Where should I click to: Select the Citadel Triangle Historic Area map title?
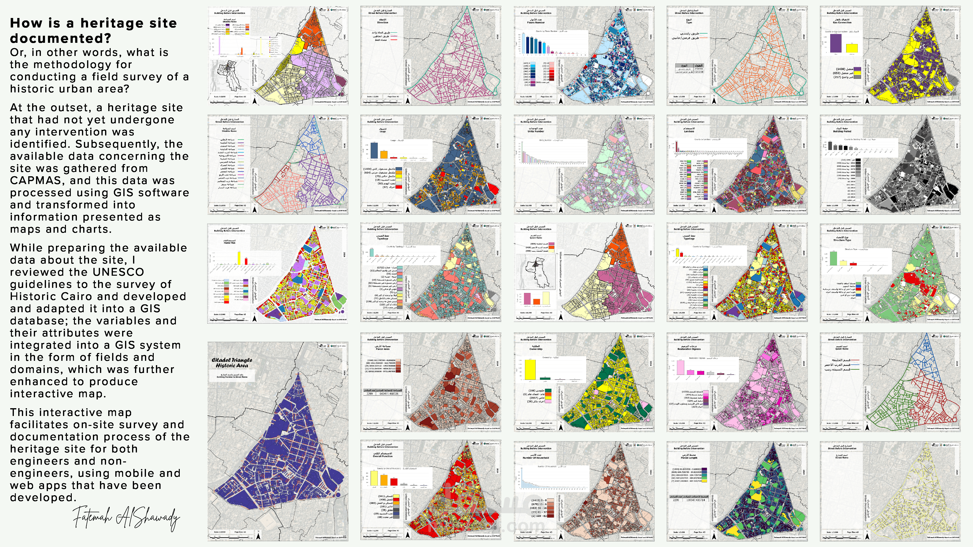point(232,363)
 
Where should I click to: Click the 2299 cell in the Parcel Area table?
point(369,394)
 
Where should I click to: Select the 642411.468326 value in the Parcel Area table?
point(389,394)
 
